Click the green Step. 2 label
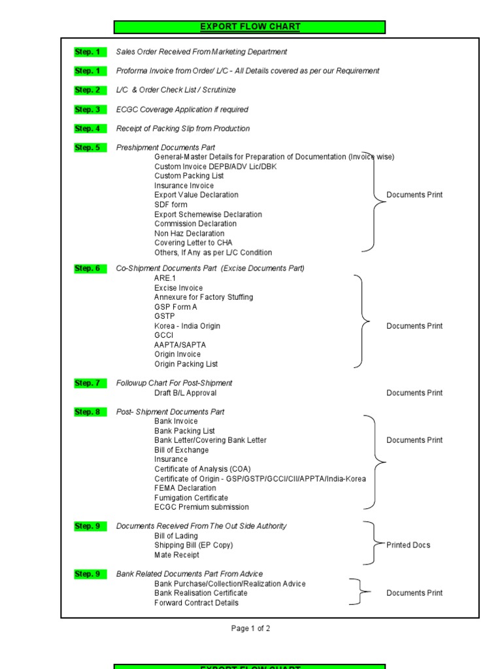point(88,90)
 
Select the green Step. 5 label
point(88,148)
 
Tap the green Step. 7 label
point(88,383)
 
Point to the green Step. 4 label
point(88,129)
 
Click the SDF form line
point(171,204)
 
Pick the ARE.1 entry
point(165,278)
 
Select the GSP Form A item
point(175,307)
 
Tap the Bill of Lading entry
point(176,536)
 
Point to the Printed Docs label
point(408,545)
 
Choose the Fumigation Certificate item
point(191,498)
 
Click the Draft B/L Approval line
point(185,393)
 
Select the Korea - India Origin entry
point(187,326)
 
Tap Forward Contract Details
point(196,603)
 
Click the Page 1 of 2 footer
point(250,628)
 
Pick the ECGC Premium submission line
point(201,507)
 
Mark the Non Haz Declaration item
point(189,233)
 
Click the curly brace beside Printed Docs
point(371,544)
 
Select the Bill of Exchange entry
point(181,450)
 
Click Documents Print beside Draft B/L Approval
point(414,393)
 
